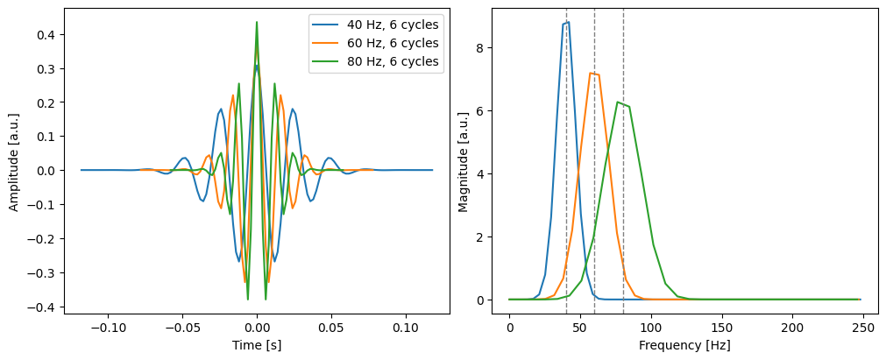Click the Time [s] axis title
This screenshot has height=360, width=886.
(x=257, y=346)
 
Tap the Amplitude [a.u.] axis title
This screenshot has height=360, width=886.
(x=14, y=160)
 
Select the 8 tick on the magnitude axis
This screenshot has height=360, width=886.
(x=493, y=47)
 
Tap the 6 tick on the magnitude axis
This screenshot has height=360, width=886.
(x=493, y=110)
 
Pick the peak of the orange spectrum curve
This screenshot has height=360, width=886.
(x=592, y=73)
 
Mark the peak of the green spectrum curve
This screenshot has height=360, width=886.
(x=618, y=102)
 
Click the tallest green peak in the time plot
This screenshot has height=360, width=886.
(x=257, y=22)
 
